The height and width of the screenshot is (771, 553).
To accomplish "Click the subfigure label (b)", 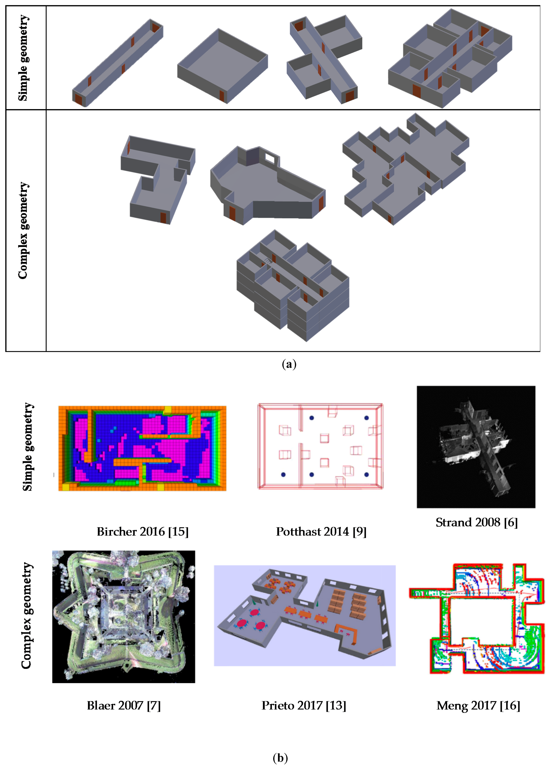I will (280, 758).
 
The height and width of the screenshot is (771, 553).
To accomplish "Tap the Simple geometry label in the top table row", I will (23, 58).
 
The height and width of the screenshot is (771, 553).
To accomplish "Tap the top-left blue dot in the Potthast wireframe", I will (312, 418).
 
